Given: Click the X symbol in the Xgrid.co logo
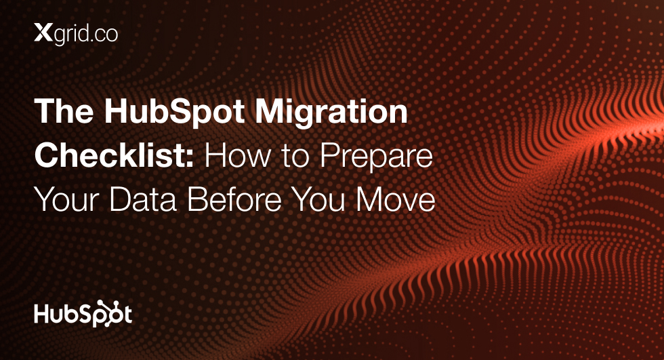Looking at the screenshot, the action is pyautogui.click(x=43, y=33).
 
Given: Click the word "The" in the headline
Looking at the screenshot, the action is pyautogui.click(x=64, y=111).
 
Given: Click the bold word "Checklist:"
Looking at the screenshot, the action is pyautogui.click(x=115, y=155).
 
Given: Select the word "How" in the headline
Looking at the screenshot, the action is pyautogui.click(x=238, y=155).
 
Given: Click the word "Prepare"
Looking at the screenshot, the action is pyautogui.click(x=377, y=157).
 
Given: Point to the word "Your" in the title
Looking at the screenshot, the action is pyautogui.click(x=66, y=199).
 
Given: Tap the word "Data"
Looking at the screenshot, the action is pyautogui.click(x=143, y=199).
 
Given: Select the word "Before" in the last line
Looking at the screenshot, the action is pyautogui.click(x=234, y=199).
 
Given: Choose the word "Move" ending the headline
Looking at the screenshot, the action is pyautogui.click(x=396, y=199).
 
